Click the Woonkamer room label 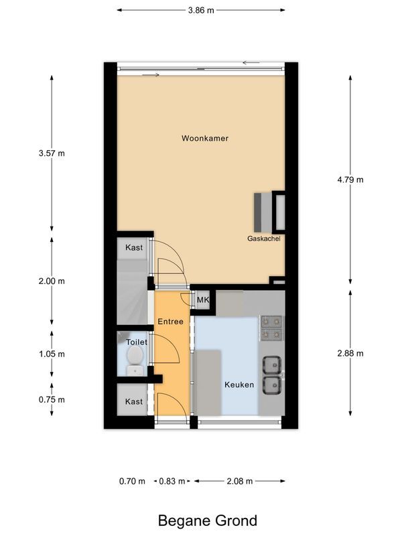[205, 139]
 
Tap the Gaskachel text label [263, 239]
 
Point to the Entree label [170, 322]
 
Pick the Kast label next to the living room [134, 248]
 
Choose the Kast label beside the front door [134, 401]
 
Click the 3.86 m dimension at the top [201, 10]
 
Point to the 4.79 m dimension [350, 179]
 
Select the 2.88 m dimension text [350, 354]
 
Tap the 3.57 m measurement [52, 153]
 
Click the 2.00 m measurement [52, 281]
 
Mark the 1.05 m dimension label [52, 354]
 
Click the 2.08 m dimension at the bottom [239, 481]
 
